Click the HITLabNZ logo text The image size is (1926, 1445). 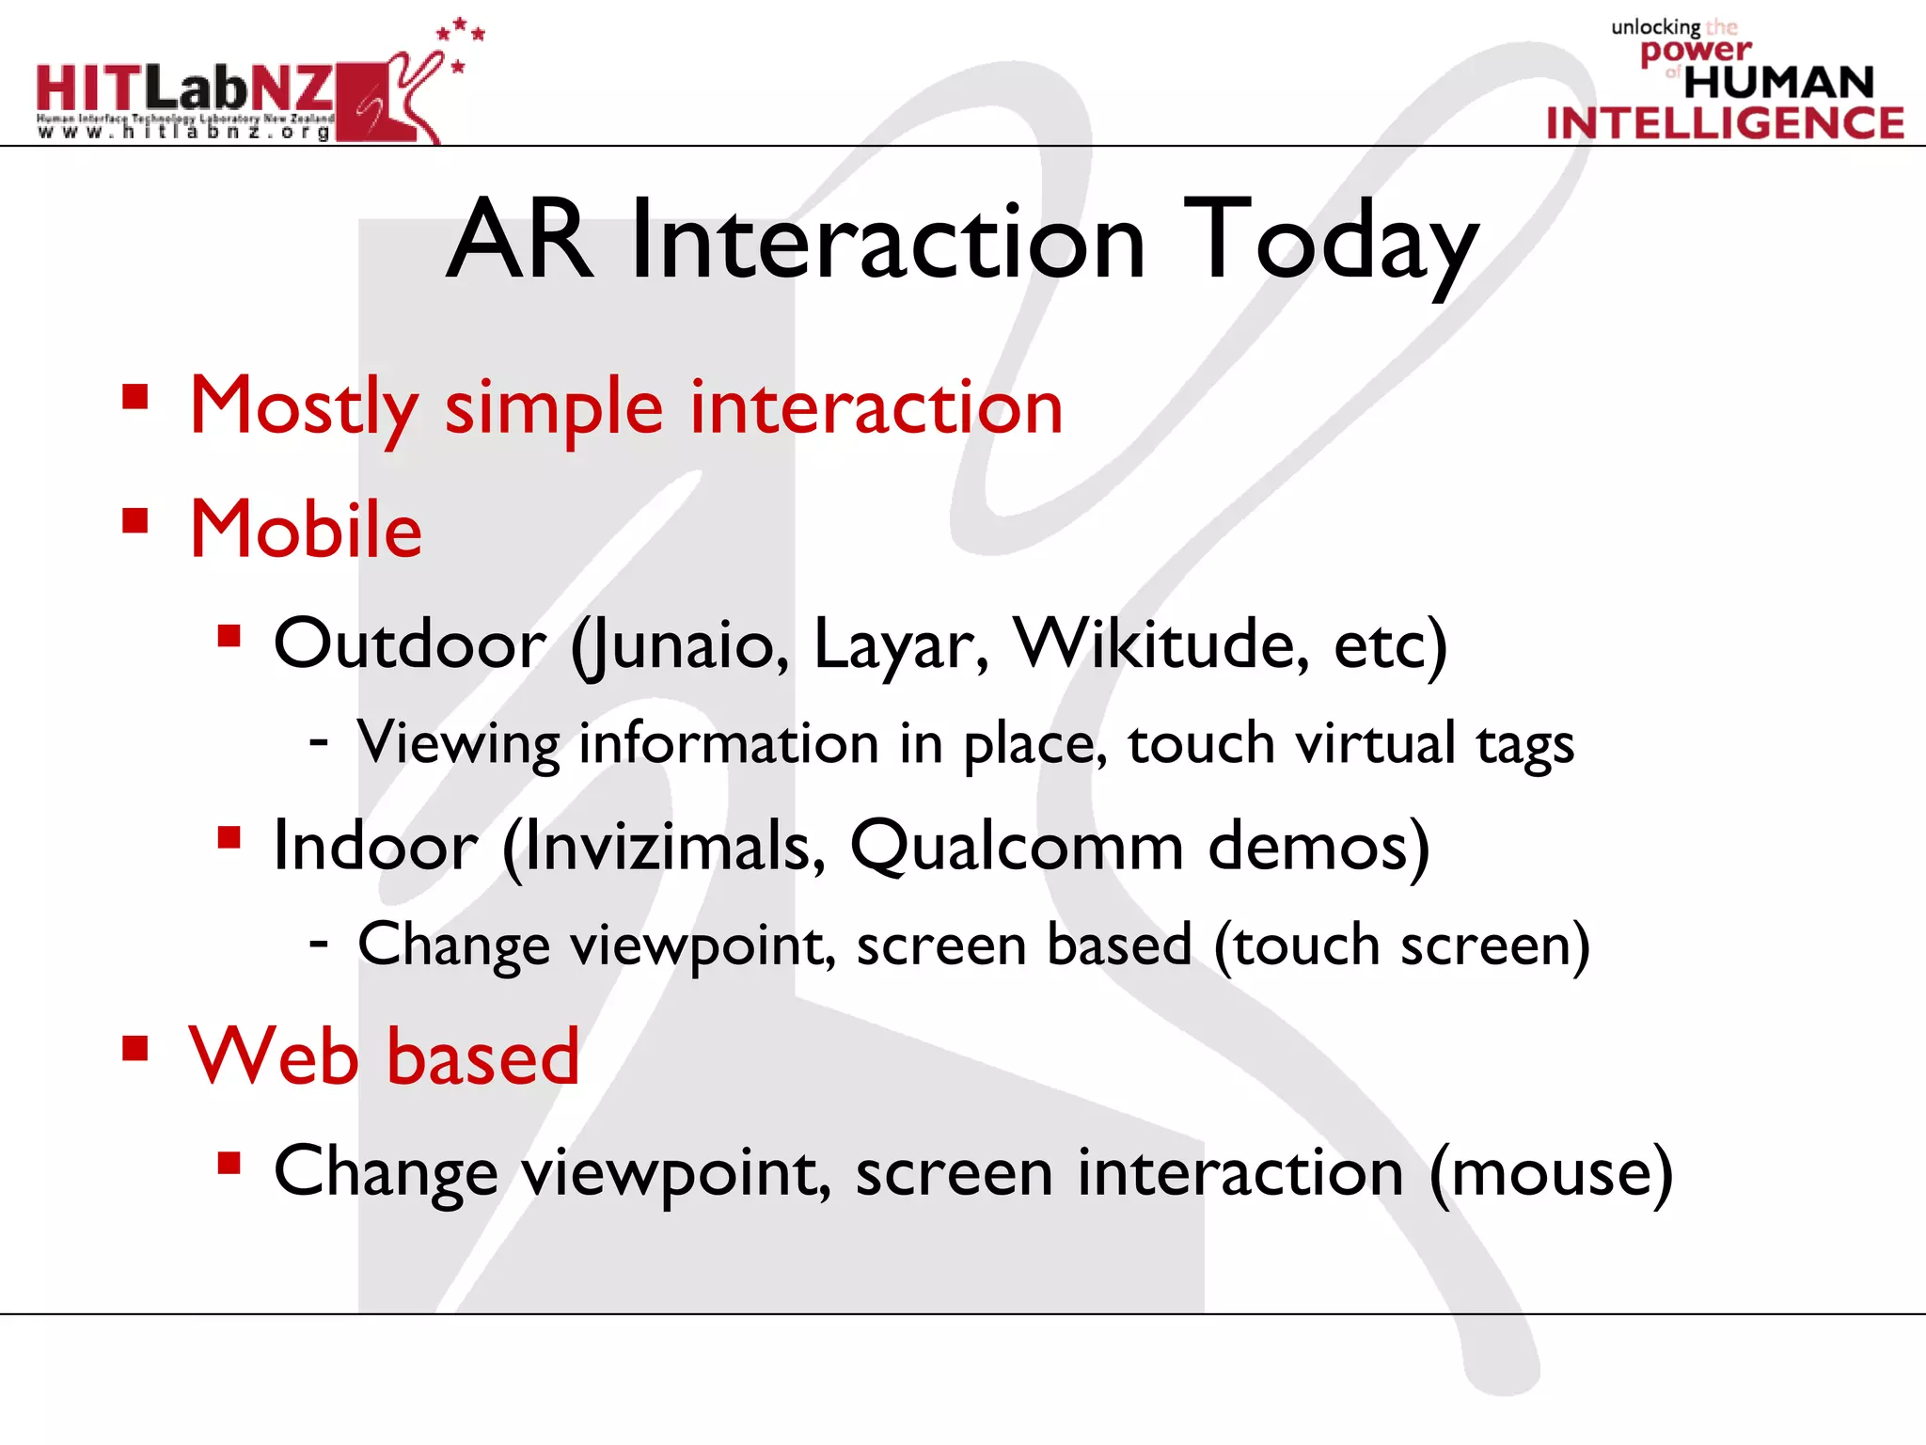click(x=184, y=88)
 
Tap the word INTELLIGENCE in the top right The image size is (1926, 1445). click(x=1725, y=123)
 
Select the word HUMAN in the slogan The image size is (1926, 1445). click(x=1778, y=83)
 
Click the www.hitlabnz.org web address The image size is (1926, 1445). click(x=184, y=132)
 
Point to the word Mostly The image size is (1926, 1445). click(x=303, y=406)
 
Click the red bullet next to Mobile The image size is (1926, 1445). click(x=135, y=520)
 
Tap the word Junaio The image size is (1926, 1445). click(x=680, y=645)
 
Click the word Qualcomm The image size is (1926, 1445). click(x=1016, y=846)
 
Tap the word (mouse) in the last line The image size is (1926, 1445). click(x=1551, y=1173)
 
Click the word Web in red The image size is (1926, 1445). click(x=274, y=1056)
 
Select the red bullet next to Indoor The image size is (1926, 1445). click(x=229, y=836)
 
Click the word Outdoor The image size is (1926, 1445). click(x=409, y=645)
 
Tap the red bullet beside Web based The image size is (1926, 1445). click(x=135, y=1048)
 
